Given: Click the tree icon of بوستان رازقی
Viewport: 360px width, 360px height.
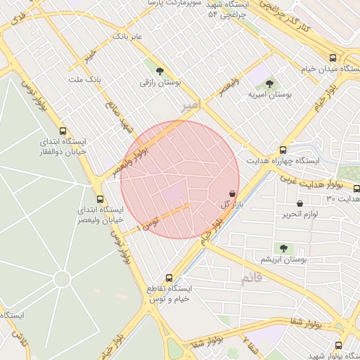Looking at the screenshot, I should coord(160,70).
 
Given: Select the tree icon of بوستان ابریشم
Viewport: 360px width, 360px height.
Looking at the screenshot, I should coord(283,247).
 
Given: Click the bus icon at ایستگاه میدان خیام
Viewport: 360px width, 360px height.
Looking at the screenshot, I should coord(333,58).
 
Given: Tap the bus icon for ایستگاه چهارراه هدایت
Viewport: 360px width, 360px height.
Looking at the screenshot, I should coord(283,150).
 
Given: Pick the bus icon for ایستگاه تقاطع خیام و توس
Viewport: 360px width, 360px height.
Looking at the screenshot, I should coord(168,277).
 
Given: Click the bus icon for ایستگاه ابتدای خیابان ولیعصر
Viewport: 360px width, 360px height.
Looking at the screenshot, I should coord(99,199).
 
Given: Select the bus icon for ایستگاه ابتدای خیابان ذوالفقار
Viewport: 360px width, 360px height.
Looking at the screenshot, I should coord(63,131).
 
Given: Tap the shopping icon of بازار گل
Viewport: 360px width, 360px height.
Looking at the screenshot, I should coord(232,193).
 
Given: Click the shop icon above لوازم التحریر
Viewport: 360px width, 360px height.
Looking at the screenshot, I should coord(300,203).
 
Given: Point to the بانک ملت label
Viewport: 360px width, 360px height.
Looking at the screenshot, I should coord(85,79).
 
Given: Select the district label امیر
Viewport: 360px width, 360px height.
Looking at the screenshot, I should coord(190,105).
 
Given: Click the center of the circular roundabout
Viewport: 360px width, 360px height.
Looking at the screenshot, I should coord(62,279).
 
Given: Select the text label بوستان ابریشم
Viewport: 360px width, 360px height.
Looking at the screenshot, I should coord(284,260).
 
